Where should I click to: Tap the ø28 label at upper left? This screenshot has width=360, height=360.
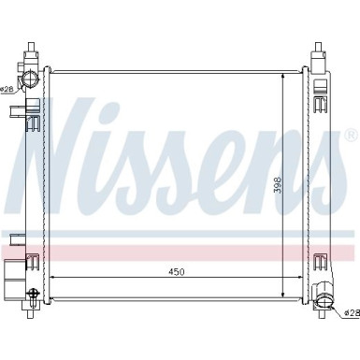coord(7,89)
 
